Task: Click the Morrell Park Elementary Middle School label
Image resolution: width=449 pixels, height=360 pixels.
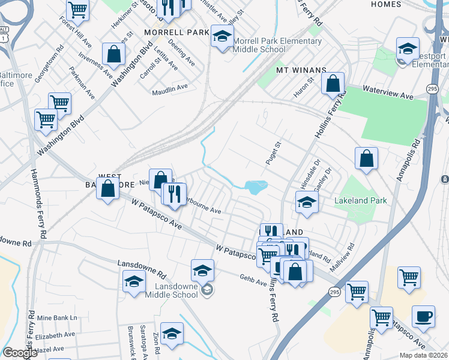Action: (x=277, y=46)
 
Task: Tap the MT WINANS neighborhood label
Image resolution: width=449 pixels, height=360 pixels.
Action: (x=296, y=70)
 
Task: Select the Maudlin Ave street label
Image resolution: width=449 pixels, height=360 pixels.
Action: (x=170, y=87)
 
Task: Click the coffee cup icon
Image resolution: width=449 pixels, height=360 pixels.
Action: (x=423, y=316)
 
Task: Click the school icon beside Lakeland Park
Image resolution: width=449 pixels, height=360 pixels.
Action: (x=307, y=202)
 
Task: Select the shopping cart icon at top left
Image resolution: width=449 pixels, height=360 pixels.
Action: (x=78, y=10)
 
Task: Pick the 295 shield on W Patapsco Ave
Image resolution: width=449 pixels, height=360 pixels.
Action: (x=334, y=291)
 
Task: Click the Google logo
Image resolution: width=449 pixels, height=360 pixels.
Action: (x=20, y=353)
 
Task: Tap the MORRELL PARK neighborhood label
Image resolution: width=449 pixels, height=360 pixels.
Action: (x=175, y=31)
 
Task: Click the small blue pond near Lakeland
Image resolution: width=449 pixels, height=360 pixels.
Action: (x=255, y=187)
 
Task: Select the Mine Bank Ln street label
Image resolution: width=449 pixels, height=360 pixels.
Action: (x=58, y=317)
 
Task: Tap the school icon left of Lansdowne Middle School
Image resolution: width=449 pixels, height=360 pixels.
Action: (x=134, y=281)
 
